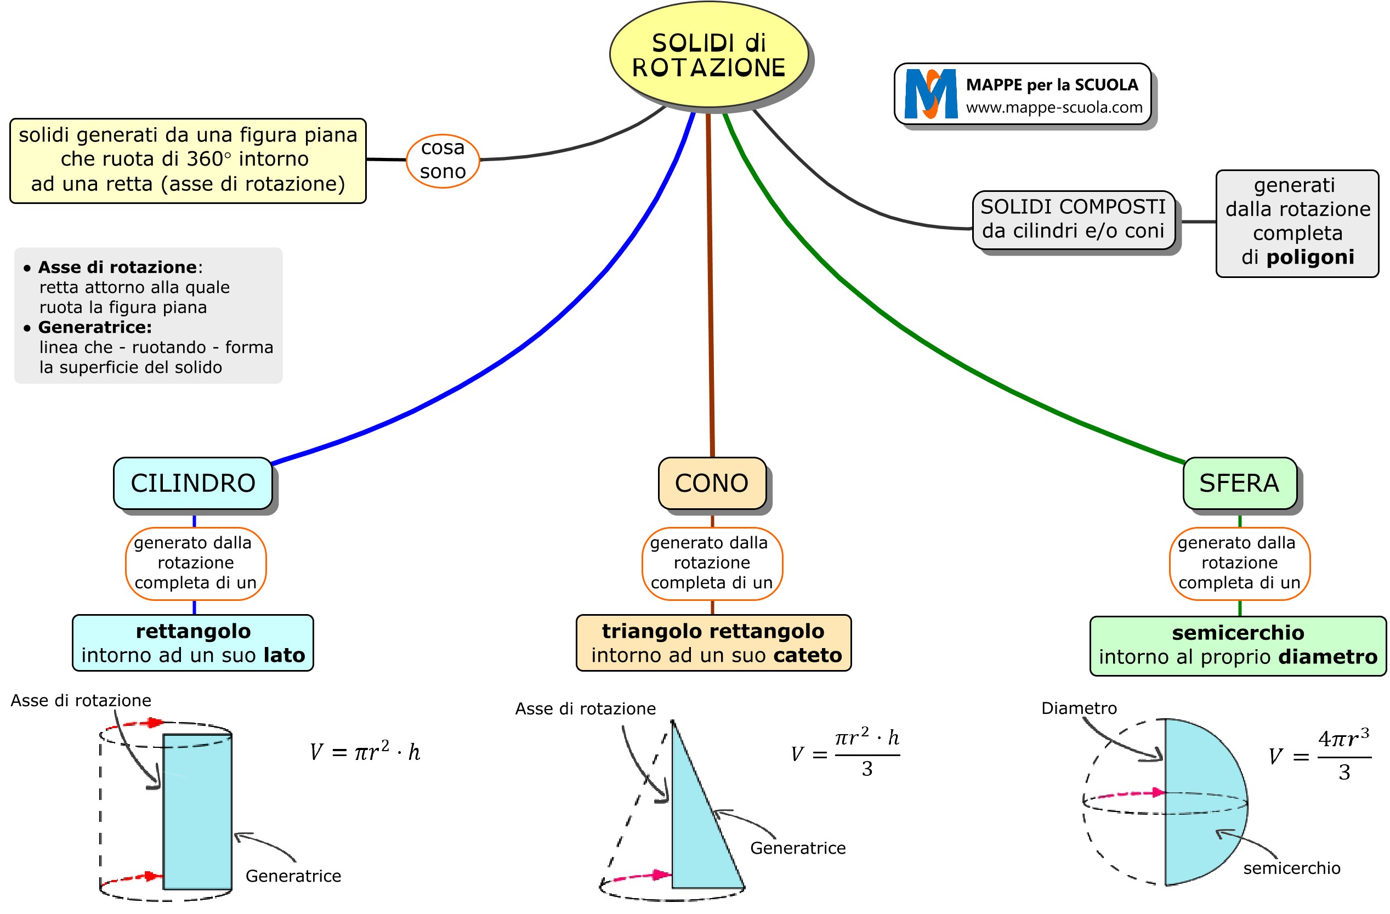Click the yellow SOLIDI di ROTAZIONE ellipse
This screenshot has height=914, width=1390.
(x=708, y=55)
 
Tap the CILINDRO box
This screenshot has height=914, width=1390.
(x=192, y=483)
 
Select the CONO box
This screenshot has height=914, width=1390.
(x=711, y=483)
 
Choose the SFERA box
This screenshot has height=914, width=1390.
(x=1239, y=483)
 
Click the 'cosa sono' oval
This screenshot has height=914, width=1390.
(x=442, y=160)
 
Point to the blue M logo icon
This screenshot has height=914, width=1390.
(x=931, y=93)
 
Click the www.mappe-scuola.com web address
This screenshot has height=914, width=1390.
(x=1053, y=107)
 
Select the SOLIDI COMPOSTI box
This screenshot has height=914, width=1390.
(x=1073, y=219)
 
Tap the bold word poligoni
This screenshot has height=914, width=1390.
(x=1310, y=257)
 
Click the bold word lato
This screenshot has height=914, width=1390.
(x=284, y=655)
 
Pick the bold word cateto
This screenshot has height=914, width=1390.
(x=807, y=655)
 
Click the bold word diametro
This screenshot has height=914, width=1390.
(x=1327, y=657)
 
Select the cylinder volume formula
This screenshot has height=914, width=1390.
(x=365, y=752)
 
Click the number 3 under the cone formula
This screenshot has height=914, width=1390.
(x=867, y=769)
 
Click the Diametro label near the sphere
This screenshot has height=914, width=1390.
(x=1079, y=708)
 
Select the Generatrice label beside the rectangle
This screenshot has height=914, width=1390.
(x=293, y=876)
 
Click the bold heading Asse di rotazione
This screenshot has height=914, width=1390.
(x=117, y=268)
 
